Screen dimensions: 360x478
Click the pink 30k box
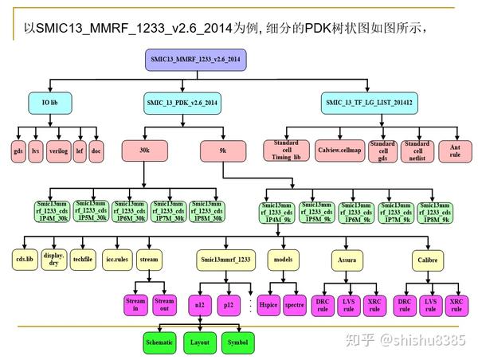tap(144, 150)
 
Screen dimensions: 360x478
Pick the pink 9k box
tap(222, 150)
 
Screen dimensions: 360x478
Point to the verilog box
tap(57, 150)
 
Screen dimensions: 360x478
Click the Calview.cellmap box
tap(339, 150)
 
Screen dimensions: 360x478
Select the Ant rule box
tap(455, 149)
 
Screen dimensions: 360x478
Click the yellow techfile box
tap(82, 260)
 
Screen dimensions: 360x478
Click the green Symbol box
tap(237, 342)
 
